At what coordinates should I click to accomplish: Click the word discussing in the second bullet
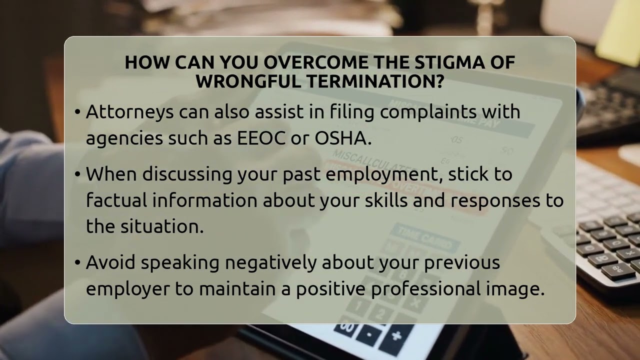[187, 174]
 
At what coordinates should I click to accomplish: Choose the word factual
[116, 200]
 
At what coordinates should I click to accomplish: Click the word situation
[161, 226]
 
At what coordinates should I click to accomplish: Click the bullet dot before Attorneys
[77, 112]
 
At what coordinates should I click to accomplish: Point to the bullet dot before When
[77, 174]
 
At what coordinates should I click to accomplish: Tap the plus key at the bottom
[396, 335]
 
